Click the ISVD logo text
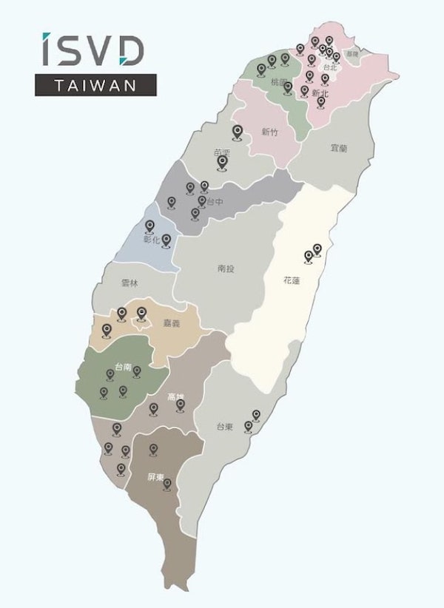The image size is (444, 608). (92, 50)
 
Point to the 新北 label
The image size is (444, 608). (320, 94)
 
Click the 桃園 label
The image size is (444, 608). (279, 81)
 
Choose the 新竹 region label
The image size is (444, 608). (270, 132)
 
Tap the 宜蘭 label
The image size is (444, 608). (339, 148)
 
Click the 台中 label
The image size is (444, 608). (215, 201)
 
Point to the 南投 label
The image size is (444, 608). (226, 268)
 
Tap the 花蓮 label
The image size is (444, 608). (291, 281)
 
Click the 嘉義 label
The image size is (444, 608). (172, 322)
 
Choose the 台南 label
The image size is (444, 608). (124, 367)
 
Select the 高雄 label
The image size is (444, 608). (176, 396)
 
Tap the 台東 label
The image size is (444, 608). (225, 427)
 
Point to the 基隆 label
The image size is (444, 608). (352, 54)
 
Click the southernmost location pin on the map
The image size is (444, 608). (167, 484)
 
